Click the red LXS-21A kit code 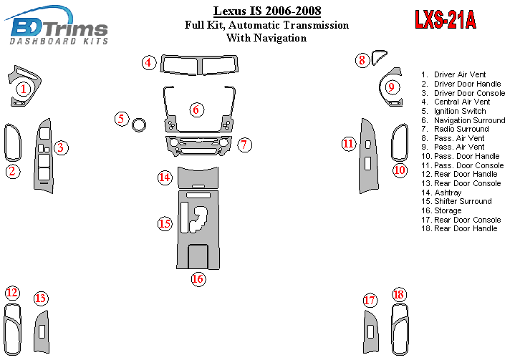coord(446,20)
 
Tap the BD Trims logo coord(57,25)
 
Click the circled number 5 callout coord(121,119)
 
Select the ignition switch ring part coord(139,125)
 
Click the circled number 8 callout coord(362,60)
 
